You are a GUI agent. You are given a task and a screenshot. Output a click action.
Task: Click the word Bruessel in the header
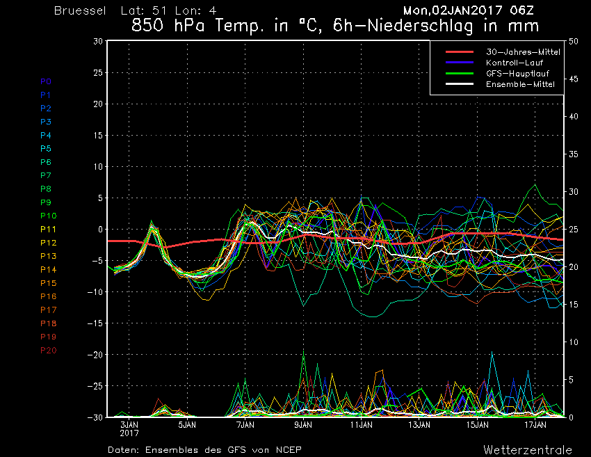tap(80, 10)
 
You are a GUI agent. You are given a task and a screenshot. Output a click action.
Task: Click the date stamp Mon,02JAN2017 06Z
tap(469, 10)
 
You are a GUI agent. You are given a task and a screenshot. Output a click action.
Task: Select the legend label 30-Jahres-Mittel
tap(523, 52)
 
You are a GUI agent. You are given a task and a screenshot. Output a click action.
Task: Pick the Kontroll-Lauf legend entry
tap(515, 63)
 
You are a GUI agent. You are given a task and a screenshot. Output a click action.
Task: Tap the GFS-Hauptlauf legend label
tap(517, 74)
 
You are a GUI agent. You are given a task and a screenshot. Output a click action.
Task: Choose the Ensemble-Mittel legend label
tap(520, 84)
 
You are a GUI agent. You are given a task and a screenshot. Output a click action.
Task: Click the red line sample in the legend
tap(460, 52)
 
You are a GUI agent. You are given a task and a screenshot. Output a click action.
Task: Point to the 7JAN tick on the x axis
tap(245, 425)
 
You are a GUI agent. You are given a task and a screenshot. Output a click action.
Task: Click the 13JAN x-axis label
tap(419, 425)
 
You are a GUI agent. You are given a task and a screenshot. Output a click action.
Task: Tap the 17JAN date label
tap(535, 425)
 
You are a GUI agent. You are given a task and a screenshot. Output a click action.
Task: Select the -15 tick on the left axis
tap(95, 323)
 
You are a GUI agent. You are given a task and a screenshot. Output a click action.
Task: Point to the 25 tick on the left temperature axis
tap(98, 72)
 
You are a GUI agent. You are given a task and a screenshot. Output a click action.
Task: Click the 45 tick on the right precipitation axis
tap(574, 79)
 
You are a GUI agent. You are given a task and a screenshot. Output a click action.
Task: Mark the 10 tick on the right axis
tap(574, 342)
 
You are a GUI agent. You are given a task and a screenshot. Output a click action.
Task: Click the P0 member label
tap(46, 81)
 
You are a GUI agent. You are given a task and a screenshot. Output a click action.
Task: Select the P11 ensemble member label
tap(48, 230)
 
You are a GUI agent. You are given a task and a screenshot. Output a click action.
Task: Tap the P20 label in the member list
tap(48, 351)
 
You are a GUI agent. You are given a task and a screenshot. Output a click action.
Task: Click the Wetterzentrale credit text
tap(528, 450)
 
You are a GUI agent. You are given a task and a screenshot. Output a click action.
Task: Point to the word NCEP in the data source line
tap(289, 450)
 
